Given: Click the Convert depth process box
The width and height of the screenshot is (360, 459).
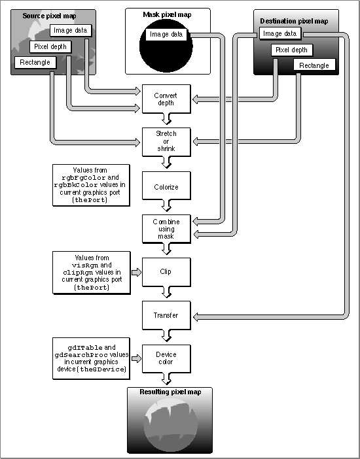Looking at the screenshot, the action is coord(166,99).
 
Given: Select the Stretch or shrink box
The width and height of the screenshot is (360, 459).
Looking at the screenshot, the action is coord(166,142).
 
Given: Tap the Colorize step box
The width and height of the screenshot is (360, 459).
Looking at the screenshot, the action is coord(166,186).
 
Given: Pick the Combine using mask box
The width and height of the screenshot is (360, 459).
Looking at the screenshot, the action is coord(166,229).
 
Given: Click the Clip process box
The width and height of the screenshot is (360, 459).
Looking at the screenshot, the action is coord(166,272).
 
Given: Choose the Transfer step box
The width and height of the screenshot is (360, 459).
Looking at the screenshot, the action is coord(166,315).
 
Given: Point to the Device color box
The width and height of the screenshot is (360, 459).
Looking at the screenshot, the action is coord(166,358).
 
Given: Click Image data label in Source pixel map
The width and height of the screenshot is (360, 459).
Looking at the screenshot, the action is coord(70,31).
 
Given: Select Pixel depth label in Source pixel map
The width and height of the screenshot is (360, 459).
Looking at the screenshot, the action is coord(50,46).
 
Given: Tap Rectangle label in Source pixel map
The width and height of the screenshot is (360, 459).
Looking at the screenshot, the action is coord(35,62).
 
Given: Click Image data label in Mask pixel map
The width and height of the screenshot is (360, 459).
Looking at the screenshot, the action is coord(166,35).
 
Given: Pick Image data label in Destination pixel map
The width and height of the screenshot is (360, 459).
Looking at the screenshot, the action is coord(280,33).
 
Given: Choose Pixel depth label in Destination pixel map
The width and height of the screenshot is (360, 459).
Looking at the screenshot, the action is coord(292,50).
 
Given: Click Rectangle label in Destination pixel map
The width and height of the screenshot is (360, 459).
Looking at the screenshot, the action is coord(314,65).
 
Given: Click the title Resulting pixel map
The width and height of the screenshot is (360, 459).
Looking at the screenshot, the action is coord(170,392).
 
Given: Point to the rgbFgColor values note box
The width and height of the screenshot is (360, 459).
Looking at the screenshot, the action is coord(91,185).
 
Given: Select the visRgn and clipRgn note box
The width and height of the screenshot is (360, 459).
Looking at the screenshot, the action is coord(92,273).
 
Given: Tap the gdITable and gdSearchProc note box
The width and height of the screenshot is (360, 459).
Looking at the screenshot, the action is coord(91,358).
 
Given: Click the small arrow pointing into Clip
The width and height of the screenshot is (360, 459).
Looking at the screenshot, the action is coord(136,273).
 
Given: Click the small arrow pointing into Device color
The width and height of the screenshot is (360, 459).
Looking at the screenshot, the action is coord(136,358).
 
